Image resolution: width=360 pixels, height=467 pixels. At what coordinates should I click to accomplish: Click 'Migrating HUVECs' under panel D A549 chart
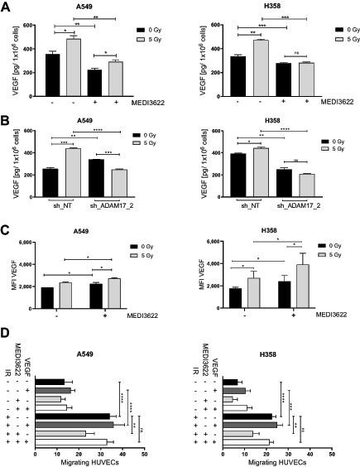point(89,461)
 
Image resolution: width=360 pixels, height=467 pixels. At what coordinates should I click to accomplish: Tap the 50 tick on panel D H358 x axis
point(331,454)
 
